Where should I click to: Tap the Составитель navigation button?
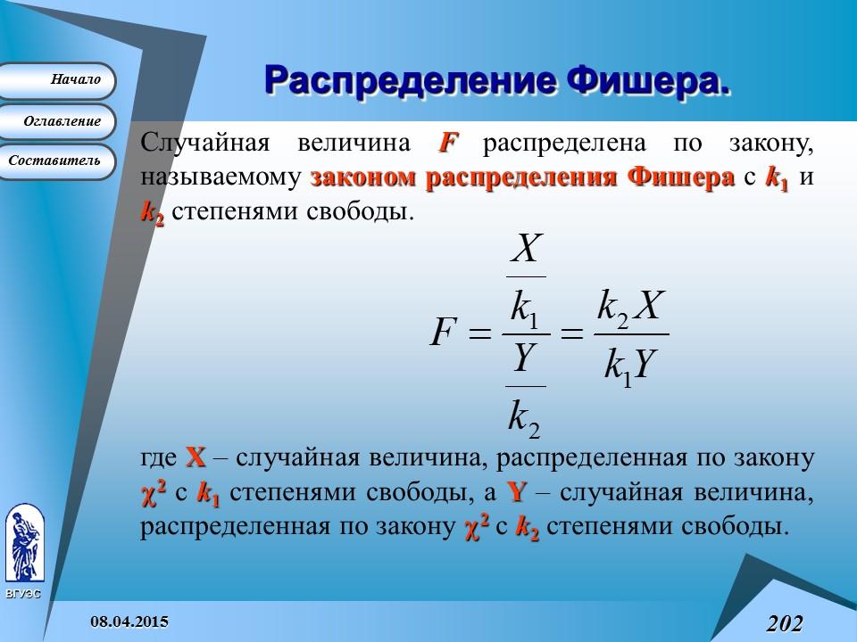pyautogui.click(x=59, y=161)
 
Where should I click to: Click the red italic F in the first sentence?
pyautogui.click(x=448, y=144)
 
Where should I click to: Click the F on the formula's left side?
pyautogui.click(x=444, y=334)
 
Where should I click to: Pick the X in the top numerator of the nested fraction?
pyautogui.click(x=527, y=251)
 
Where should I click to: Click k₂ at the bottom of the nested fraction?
pyautogui.click(x=525, y=417)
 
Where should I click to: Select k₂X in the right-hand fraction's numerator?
pyautogui.click(x=630, y=308)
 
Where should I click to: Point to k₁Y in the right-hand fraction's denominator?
pyautogui.click(x=630, y=365)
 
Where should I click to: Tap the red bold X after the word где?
pyautogui.click(x=196, y=459)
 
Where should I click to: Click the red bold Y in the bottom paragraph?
pyautogui.click(x=515, y=492)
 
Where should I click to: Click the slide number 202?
pyautogui.click(x=784, y=621)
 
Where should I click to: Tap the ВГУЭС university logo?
pyautogui.click(x=25, y=544)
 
